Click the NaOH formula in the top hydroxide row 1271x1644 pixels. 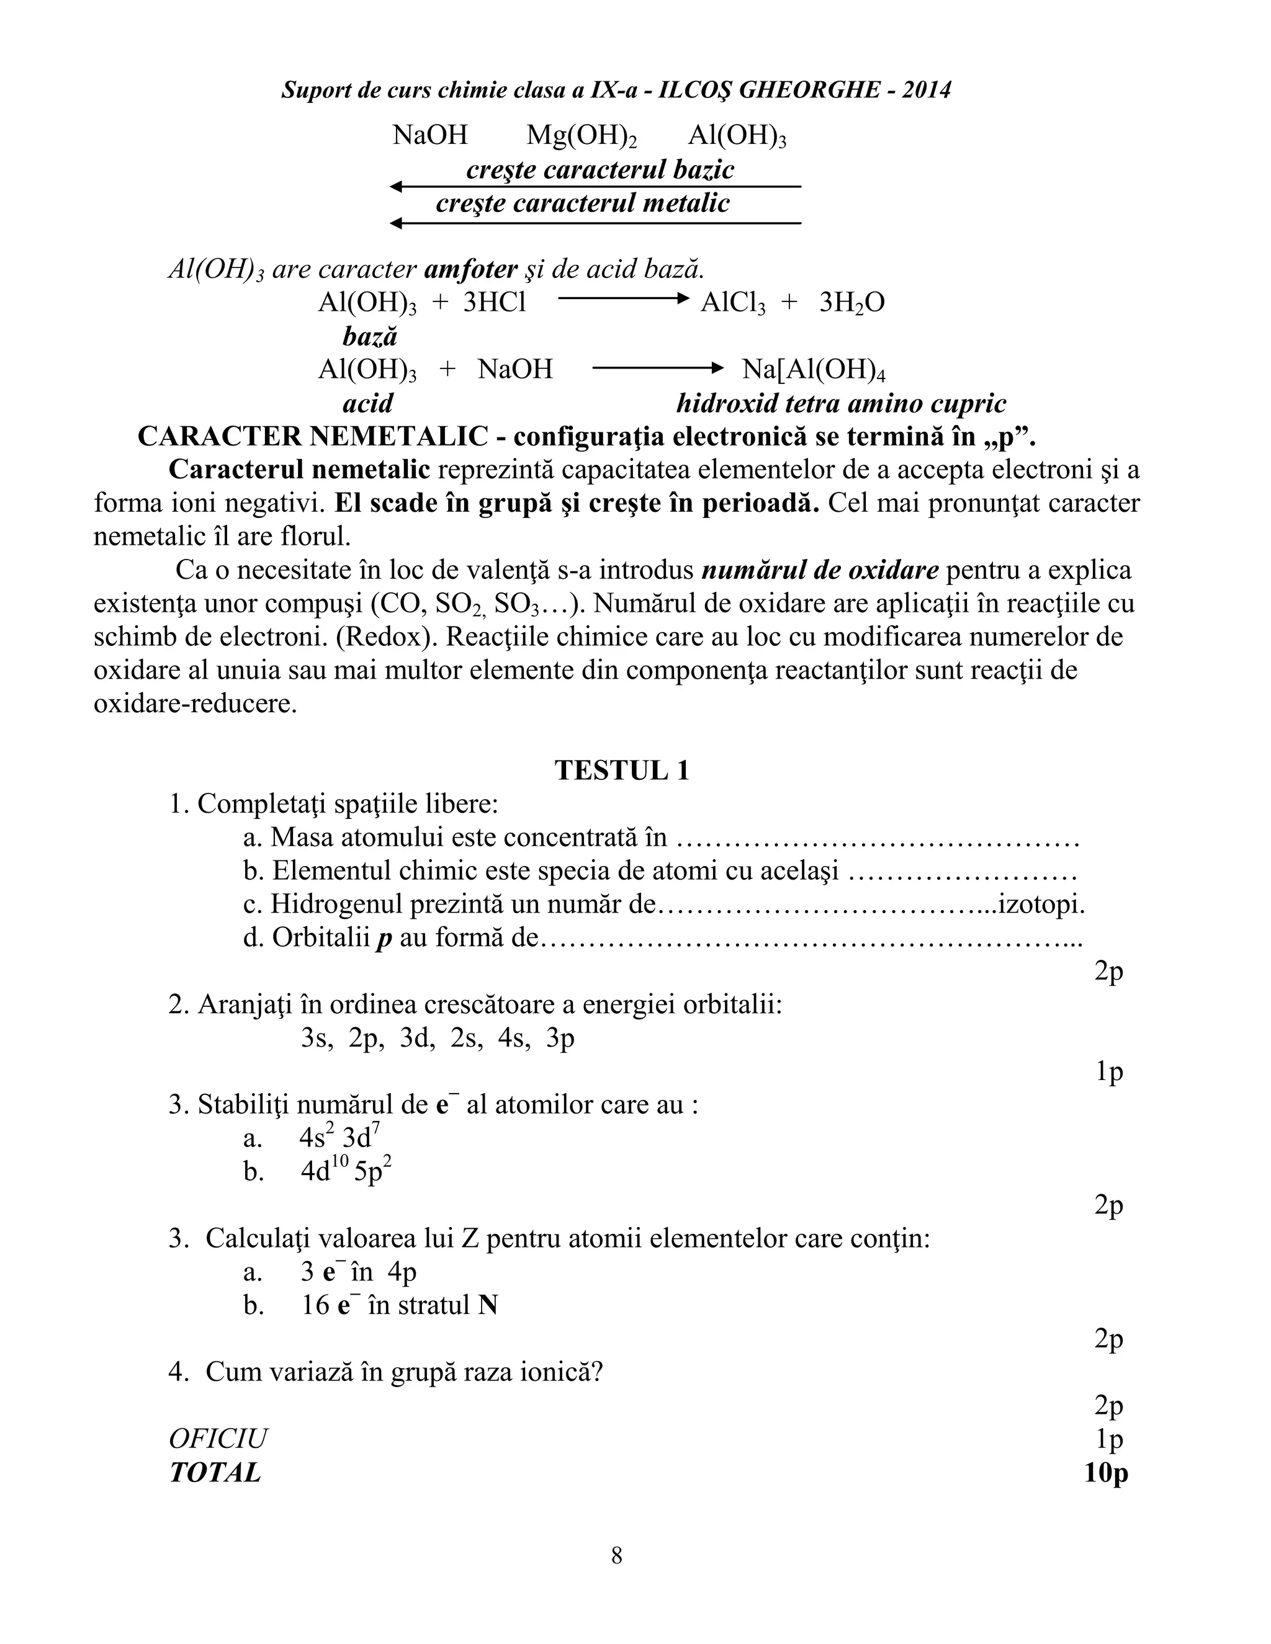(430, 135)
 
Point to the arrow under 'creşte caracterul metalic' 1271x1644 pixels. (595, 223)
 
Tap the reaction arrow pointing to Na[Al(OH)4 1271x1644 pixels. (657, 368)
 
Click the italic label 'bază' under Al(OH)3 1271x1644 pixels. (370, 336)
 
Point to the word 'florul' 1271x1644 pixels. (315, 537)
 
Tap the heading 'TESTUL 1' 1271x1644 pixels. (622, 770)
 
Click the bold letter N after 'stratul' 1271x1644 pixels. (488, 1305)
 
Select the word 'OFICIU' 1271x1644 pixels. (218, 1439)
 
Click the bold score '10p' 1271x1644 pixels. (1105, 1472)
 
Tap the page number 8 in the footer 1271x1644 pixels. (617, 1555)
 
